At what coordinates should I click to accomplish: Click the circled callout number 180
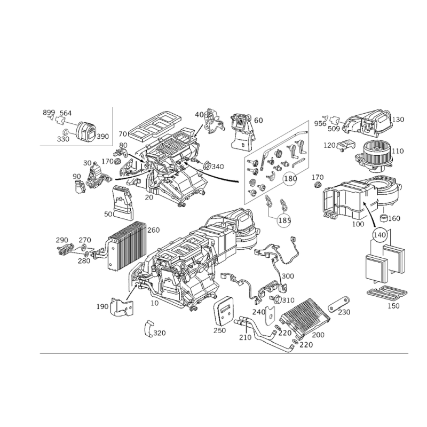pos(290,179)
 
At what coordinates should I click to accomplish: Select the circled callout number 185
pos(284,220)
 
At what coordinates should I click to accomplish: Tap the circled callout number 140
pos(379,234)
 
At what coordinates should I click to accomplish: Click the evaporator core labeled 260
pos(127,246)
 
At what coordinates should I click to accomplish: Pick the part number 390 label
pos(102,136)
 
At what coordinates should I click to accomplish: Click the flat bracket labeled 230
pos(339,304)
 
